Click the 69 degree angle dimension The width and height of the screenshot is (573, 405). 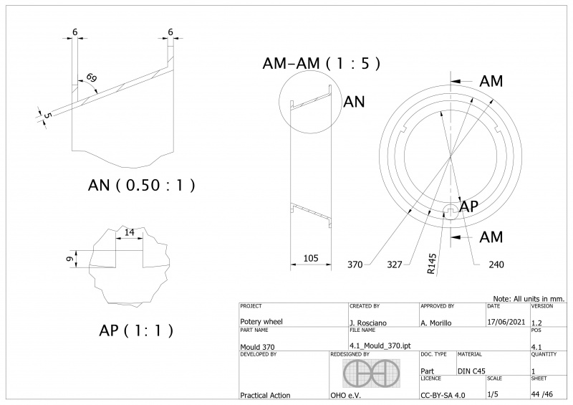[91, 77]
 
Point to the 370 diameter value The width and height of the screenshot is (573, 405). [355, 265]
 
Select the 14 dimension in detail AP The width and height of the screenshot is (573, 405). [129, 233]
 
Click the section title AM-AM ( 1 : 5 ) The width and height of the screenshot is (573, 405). [321, 63]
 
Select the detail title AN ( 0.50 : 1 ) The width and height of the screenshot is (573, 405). [142, 185]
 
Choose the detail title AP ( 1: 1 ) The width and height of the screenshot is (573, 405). [136, 331]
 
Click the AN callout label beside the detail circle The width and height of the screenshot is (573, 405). [355, 102]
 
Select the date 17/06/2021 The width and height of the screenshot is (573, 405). [505, 323]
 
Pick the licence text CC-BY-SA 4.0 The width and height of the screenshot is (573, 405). [443, 395]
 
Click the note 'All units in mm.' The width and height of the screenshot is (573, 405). [529, 297]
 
